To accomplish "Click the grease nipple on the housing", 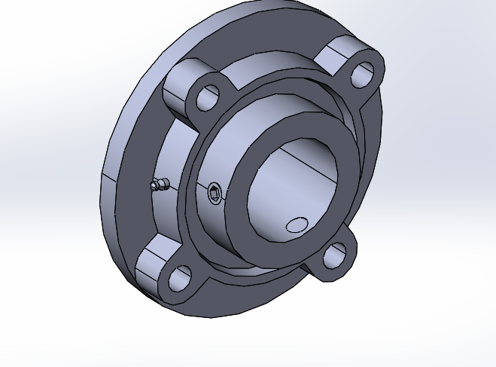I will [157, 185].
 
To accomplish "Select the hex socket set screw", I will [215, 195].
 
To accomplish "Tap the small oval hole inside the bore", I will [297, 225].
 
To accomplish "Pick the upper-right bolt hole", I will [362, 74].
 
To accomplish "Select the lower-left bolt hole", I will [180, 278].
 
